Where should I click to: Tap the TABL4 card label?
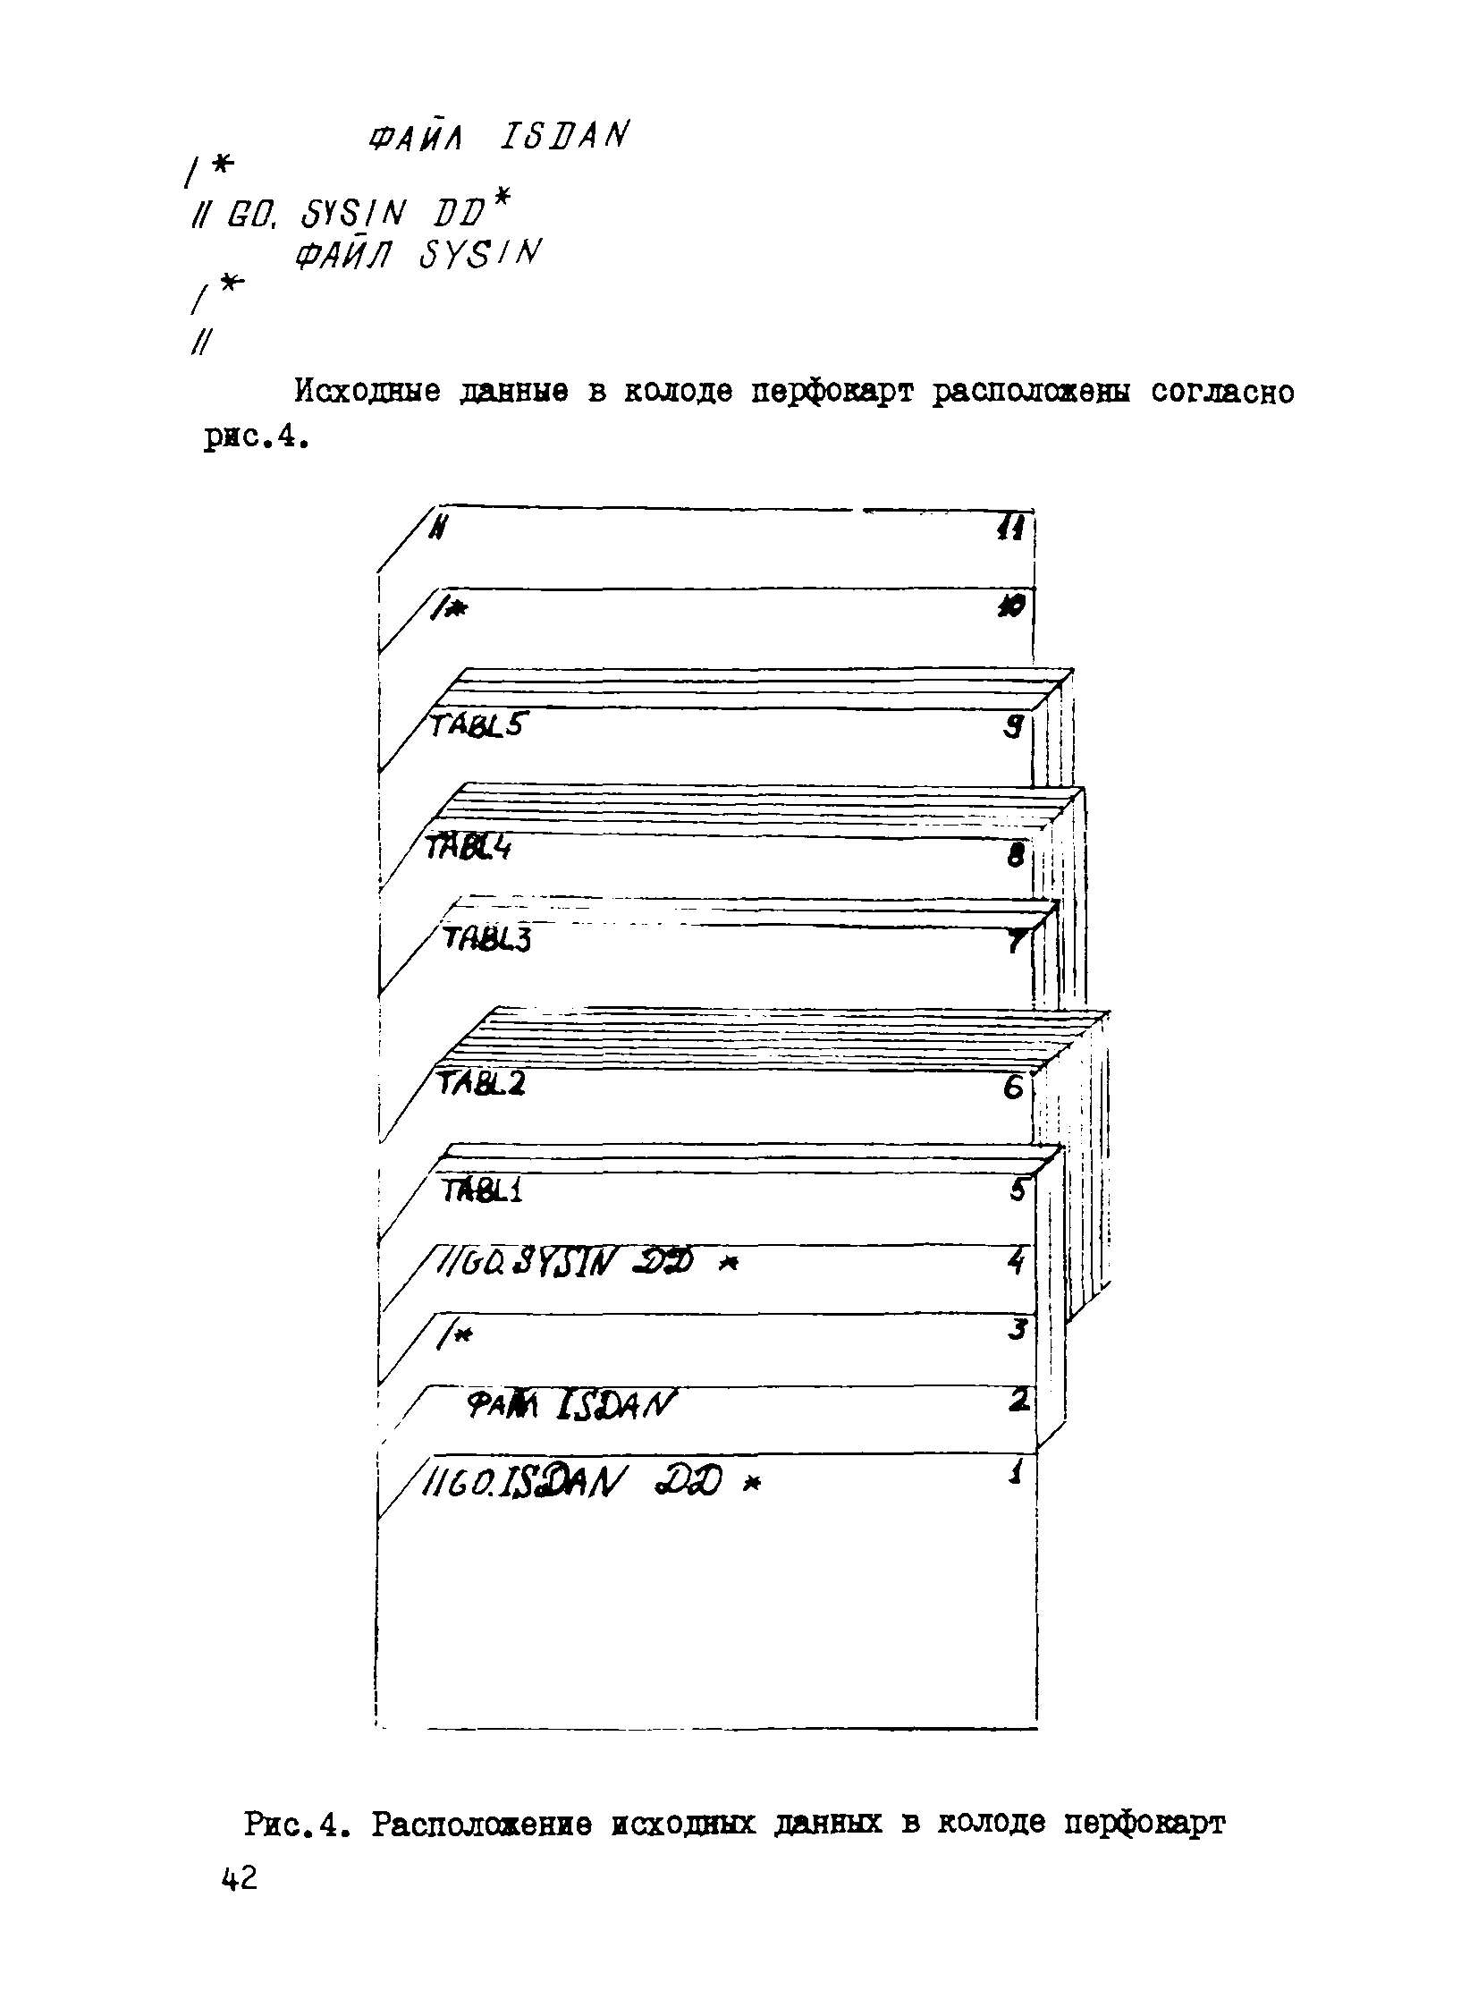tap(468, 846)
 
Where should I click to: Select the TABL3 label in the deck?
tap(487, 939)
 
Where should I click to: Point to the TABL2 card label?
tap(481, 1085)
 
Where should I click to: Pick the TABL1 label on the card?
tap(483, 1191)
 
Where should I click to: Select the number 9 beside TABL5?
tap(1013, 726)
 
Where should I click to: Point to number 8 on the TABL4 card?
tap(1016, 856)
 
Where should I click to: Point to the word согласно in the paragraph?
tap(1222, 393)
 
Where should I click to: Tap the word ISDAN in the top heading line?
tap(563, 137)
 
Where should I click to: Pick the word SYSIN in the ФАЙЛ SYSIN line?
tap(480, 256)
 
